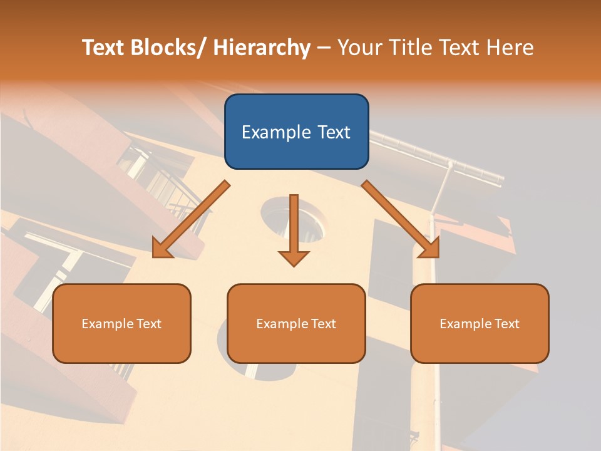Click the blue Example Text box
[x=296, y=132]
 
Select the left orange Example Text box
[x=121, y=323]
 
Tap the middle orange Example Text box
[x=296, y=323]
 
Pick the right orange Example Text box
[x=480, y=323]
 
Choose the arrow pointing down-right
[x=401, y=219]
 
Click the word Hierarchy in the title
[x=262, y=48]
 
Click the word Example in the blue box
[x=276, y=132]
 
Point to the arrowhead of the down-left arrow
[x=162, y=249]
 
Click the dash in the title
[x=324, y=48]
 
